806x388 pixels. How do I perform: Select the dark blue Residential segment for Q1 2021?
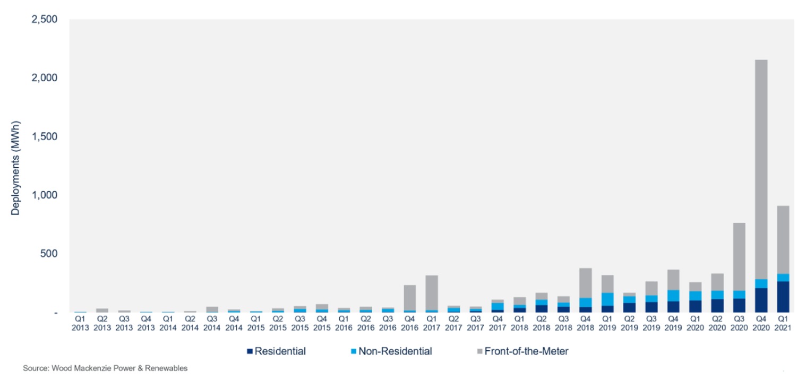pos(783,297)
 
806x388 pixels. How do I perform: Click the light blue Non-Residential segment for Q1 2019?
pos(607,299)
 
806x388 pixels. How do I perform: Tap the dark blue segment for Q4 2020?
pos(761,300)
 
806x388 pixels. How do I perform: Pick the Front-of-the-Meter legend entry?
pos(520,351)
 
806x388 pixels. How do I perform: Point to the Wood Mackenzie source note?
pos(105,368)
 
